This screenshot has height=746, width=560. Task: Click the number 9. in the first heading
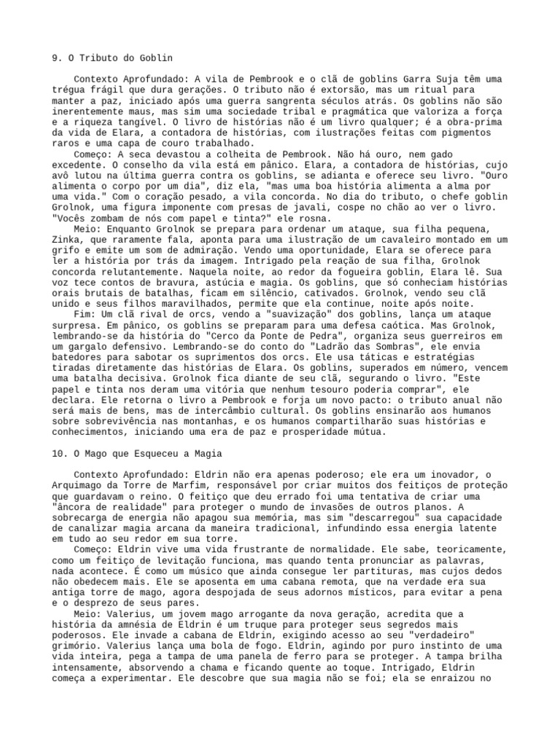pyautogui.click(x=57, y=58)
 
